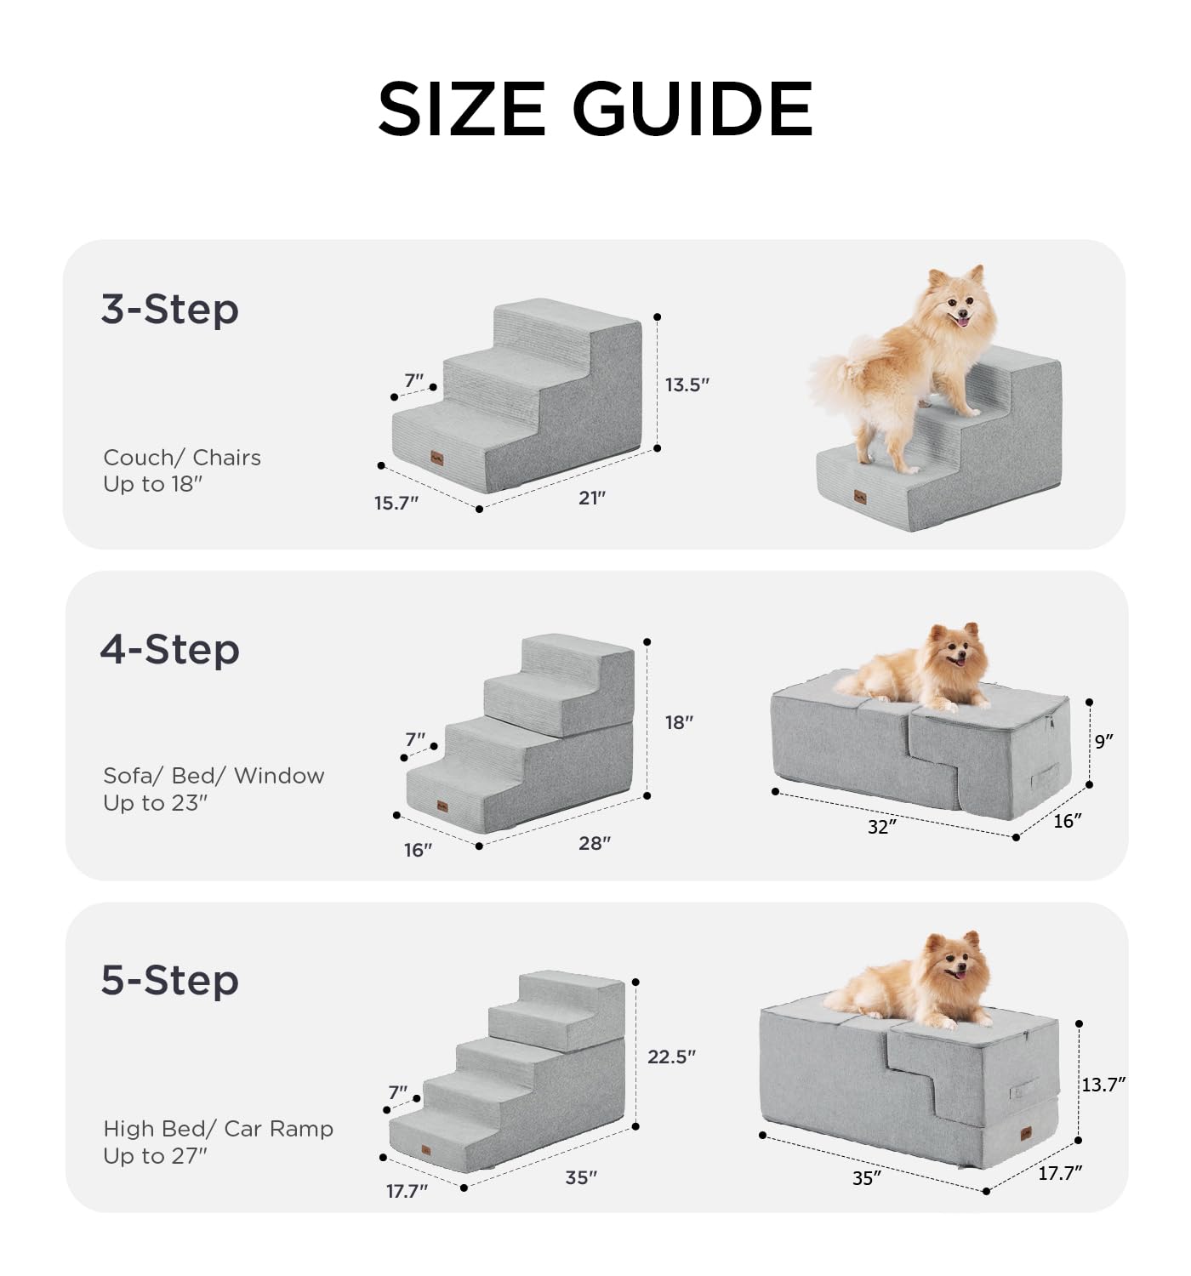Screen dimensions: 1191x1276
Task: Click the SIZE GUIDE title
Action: [595, 109]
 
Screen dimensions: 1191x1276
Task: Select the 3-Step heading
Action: [169, 309]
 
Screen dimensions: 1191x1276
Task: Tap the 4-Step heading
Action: [169, 649]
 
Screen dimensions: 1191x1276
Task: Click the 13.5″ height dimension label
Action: [687, 385]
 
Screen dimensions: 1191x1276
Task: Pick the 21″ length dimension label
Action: [592, 498]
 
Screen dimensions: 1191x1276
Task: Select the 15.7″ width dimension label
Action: [396, 503]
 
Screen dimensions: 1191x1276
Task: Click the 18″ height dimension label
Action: [679, 723]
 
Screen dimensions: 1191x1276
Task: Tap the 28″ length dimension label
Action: [594, 844]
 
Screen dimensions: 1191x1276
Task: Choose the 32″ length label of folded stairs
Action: [882, 827]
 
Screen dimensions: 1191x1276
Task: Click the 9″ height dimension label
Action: [1103, 742]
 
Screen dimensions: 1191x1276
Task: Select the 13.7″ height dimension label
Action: [1103, 1085]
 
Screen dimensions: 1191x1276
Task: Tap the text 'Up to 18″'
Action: [153, 484]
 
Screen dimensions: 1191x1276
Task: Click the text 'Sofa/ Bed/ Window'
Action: [214, 776]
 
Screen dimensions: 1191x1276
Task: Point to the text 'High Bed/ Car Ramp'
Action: [218, 1128]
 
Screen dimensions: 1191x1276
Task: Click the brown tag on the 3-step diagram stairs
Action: [437, 459]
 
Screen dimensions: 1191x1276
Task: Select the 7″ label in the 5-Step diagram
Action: [398, 1092]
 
